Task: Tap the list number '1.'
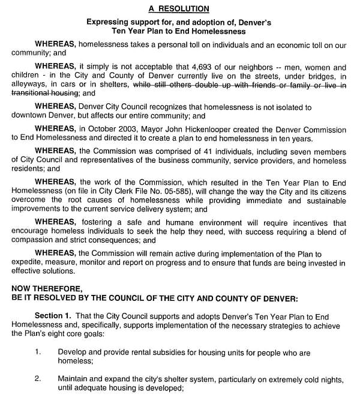[x=38, y=353]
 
